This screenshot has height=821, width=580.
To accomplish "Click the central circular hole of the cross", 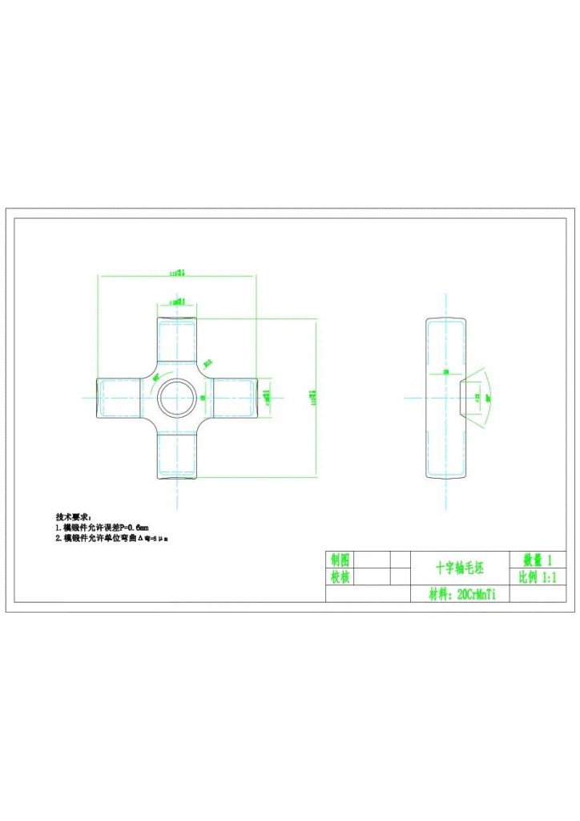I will click(176, 398).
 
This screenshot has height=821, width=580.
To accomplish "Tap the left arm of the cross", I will click(120, 398).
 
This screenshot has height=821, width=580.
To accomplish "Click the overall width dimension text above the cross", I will click(177, 273).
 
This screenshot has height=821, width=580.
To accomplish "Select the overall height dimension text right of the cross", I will click(314, 398).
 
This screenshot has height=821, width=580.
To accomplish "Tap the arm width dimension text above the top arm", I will click(178, 302).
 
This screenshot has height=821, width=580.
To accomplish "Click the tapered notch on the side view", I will click(462, 398).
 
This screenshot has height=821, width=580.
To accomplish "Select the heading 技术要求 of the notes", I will click(73, 516).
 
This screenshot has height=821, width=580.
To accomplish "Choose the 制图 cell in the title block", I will click(340, 560).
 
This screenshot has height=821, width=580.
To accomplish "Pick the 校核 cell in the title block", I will click(340, 577).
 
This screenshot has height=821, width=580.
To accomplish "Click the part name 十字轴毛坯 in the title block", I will click(461, 568).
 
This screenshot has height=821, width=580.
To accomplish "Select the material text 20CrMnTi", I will click(464, 595).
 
